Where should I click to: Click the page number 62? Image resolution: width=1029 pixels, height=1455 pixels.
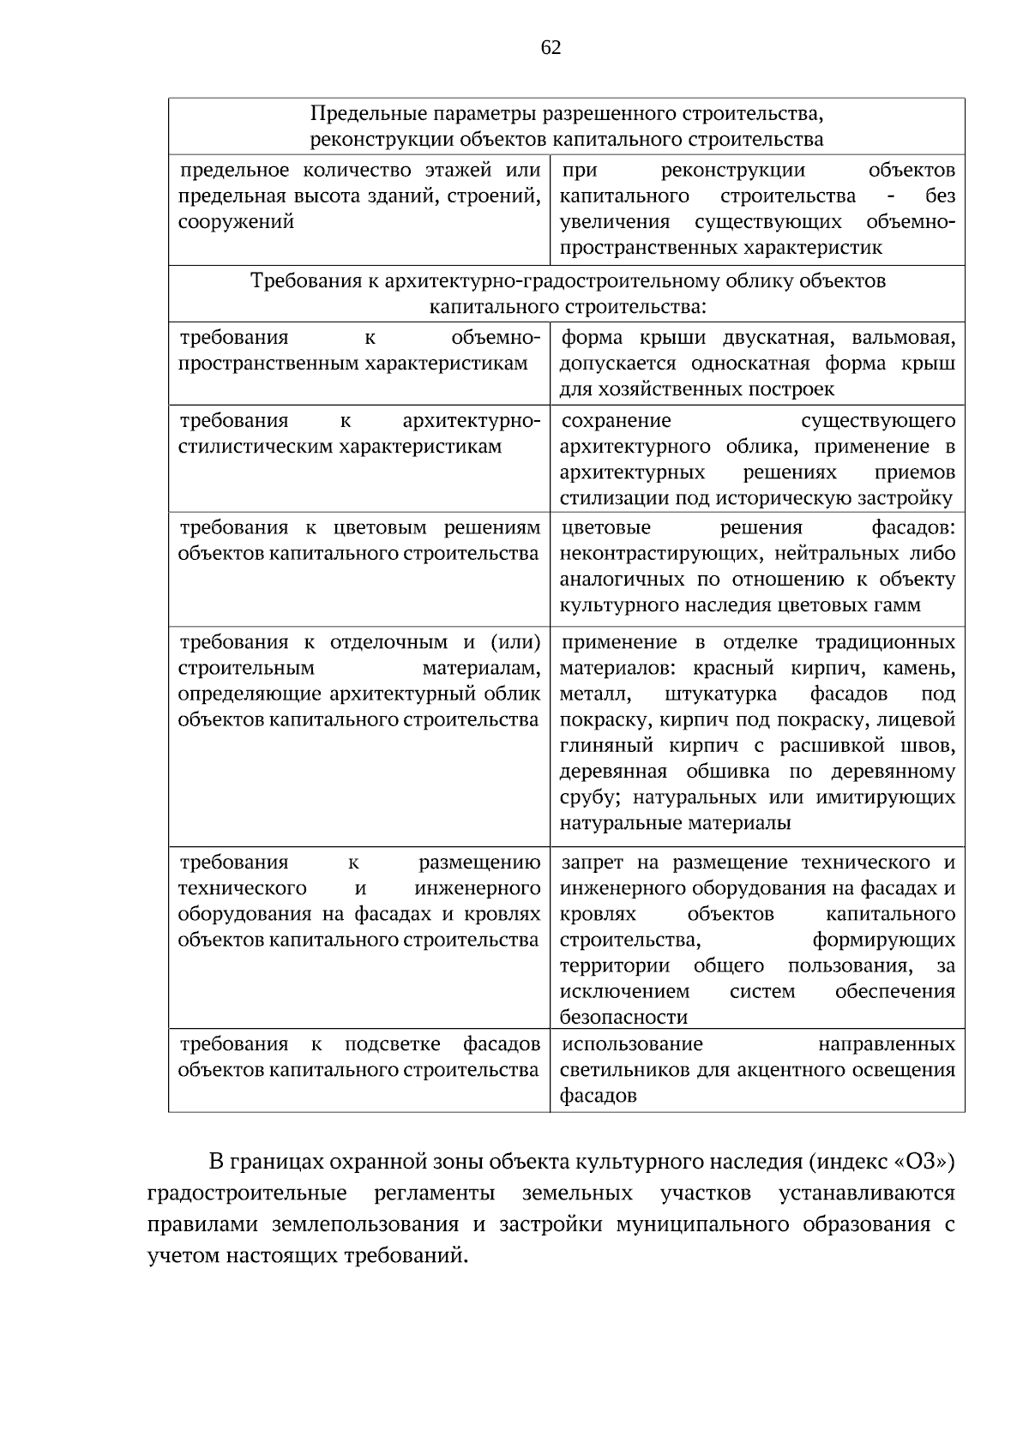coord(551,48)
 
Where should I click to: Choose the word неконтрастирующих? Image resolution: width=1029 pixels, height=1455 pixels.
coord(651,554)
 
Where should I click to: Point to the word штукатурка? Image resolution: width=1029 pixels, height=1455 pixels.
coord(720,694)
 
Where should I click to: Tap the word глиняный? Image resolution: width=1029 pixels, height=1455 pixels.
coord(606,746)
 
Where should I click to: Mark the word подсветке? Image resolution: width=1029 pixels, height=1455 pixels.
coord(392,1045)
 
